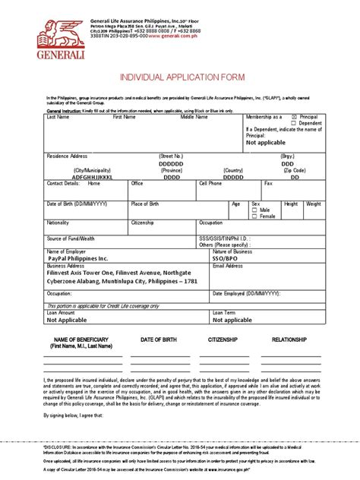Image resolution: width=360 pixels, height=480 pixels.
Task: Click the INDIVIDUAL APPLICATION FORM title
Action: coord(180,78)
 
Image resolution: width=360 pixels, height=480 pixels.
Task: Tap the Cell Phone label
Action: coord(210,184)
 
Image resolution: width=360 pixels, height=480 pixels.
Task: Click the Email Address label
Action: coord(229,267)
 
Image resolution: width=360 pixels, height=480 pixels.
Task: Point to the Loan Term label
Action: coord(224,312)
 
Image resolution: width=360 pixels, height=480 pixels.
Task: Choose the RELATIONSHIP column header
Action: coord(290,339)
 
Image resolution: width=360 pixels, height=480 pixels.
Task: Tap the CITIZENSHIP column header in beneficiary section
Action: coord(223,339)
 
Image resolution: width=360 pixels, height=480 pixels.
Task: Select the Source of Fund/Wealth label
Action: coord(71,238)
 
